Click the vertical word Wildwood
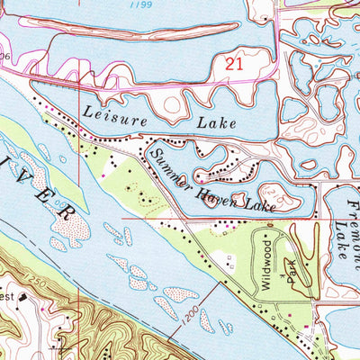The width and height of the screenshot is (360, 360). [x=267, y=257]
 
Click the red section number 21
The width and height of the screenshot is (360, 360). [x=234, y=64]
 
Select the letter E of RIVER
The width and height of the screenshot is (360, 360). [x=50, y=193]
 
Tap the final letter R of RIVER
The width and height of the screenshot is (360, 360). [x=67, y=212]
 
